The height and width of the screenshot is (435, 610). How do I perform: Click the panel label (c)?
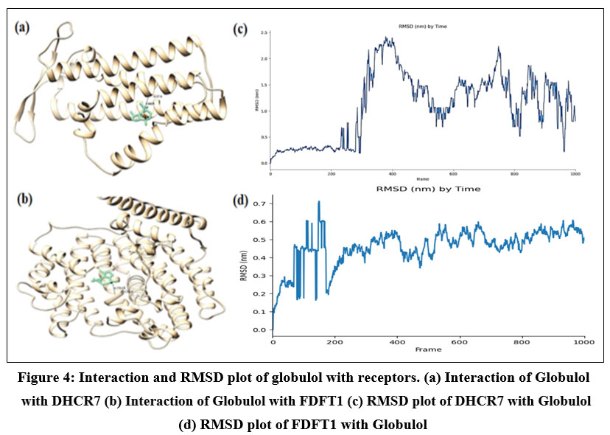239,30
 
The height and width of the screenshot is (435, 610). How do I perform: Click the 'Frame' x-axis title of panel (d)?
428,349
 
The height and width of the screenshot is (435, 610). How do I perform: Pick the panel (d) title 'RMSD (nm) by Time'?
428,189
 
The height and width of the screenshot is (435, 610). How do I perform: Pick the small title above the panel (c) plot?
423,27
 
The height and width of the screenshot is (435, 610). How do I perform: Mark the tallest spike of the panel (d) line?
319,201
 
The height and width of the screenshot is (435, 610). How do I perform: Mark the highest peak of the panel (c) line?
389,38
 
